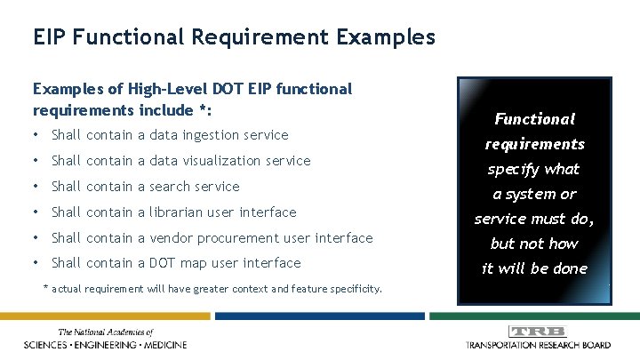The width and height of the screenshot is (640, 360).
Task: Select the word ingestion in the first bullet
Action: coord(220,135)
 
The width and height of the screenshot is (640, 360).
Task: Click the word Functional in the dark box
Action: coord(534,119)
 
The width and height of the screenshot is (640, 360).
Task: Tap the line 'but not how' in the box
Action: coord(534,244)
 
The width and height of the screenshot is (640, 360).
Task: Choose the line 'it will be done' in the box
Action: coord(534,268)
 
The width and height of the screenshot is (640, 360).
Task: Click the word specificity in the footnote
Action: coord(354,288)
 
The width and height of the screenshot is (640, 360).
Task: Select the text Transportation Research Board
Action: coord(537,344)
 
